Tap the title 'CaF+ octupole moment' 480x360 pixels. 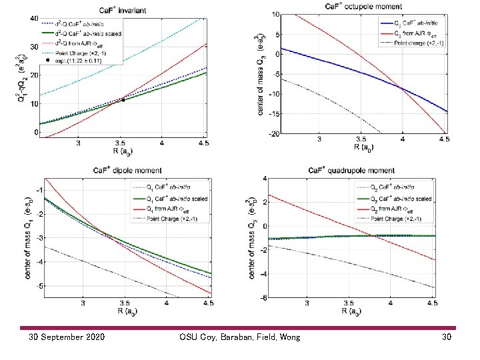pos(364,5)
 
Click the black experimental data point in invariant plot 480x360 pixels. pos(123,99)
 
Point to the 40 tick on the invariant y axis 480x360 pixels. pos(34,18)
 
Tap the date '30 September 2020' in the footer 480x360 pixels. pos(67,337)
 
